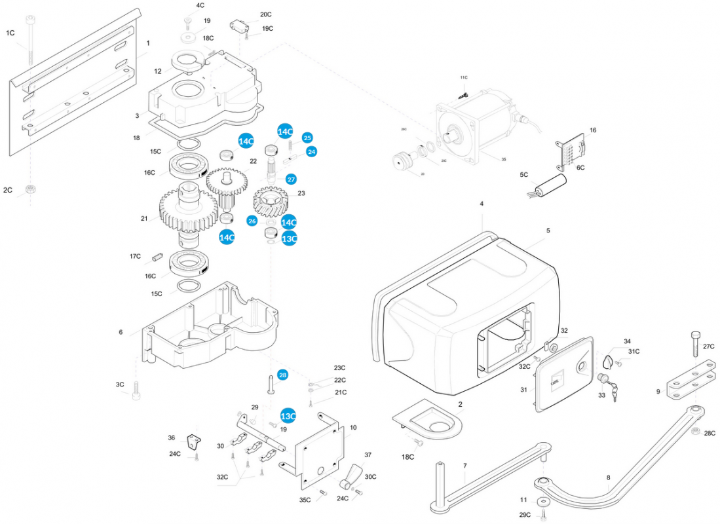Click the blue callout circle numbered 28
282,375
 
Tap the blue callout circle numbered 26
252,221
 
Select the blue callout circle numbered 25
307,138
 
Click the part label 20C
265,14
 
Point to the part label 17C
135,256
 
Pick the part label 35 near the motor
503,159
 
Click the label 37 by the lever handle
368,455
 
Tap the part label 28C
709,433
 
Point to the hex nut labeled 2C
29,190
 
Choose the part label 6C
580,168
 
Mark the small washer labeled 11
543,503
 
